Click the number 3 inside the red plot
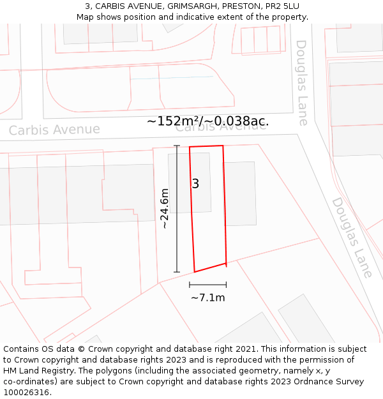pyautogui.click(x=195, y=184)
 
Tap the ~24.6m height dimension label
pyautogui.click(x=164, y=209)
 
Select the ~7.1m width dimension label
pyautogui.click(x=207, y=297)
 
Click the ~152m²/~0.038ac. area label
pyautogui.click(x=207, y=121)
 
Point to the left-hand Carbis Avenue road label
pyautogui.click(x=54, y=130)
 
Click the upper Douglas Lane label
pyautogui.click(x=302, y=82)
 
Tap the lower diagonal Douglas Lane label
pyautogui.click(x=351, y=237)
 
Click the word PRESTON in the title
pyautogui.click(x=241, y=6)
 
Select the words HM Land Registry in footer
pyautogui.click(x=36, y=371)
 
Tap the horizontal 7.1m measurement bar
pyautogui.click(x=207, y=285)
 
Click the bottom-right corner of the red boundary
pyautogui.click(x=226, y=262)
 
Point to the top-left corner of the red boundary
pyautogui.click(x=190, y=147)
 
